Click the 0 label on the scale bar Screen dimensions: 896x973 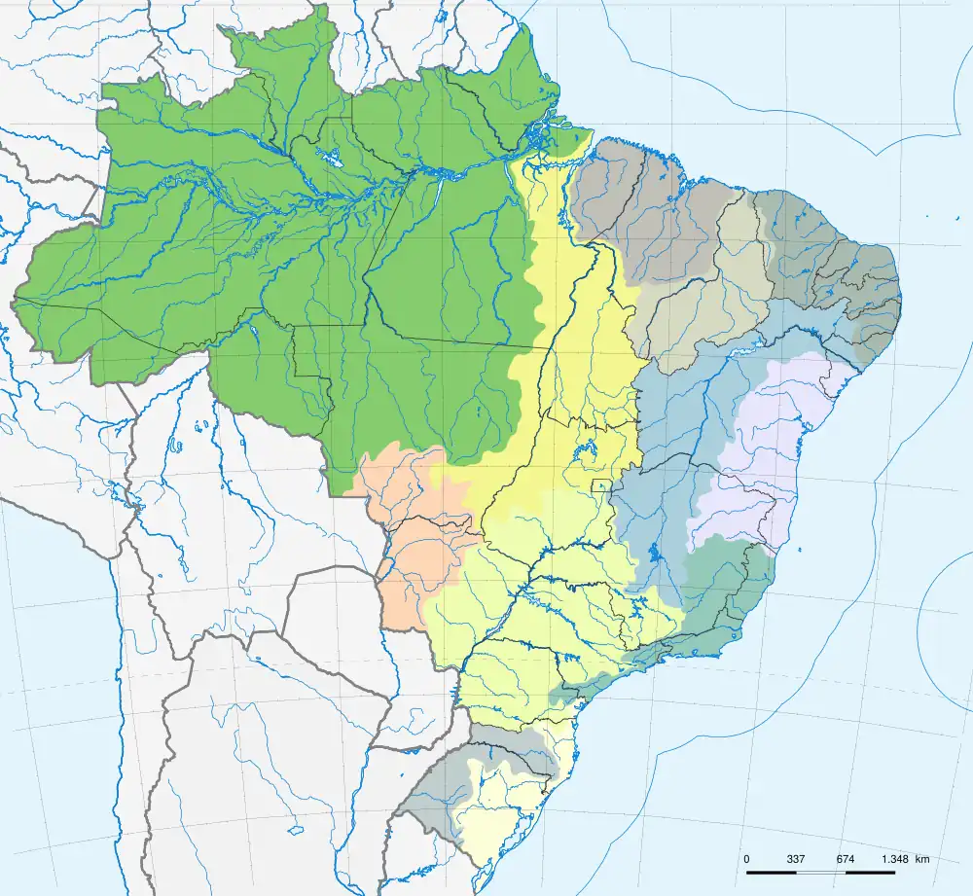coord(746,859)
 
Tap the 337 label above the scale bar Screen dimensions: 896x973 coord(796,859)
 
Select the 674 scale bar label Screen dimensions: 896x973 coord(845,859)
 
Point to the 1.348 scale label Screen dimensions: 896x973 coord(896,859)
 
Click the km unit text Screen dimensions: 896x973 coord(921,859)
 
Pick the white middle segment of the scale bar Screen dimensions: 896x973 coord(820,871)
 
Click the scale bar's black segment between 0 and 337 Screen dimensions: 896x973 coord(771,871)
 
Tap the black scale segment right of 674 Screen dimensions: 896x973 coord(870,871)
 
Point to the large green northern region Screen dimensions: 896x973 coord(292,253)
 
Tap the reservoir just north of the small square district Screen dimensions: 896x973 coord(588,450)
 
